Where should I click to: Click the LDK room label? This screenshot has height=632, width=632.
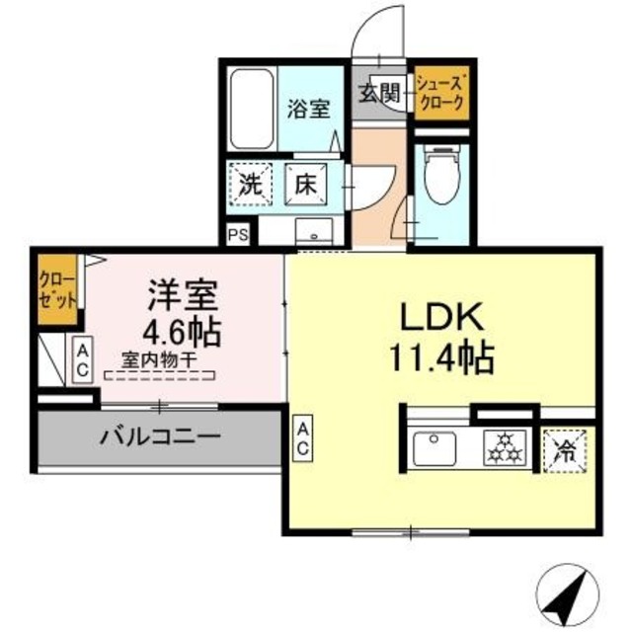click(439, 317)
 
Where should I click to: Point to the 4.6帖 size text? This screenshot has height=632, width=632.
click(184, 329)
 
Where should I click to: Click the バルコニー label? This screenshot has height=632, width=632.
click(158, 435)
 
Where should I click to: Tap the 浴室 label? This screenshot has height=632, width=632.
click(309, 109)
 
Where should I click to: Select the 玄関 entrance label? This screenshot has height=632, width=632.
click(378, 94)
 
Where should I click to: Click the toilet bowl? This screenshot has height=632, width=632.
click(434, 178)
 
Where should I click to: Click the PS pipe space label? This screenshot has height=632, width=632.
click(237, 235)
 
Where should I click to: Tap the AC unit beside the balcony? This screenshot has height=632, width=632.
click(301, 438)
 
